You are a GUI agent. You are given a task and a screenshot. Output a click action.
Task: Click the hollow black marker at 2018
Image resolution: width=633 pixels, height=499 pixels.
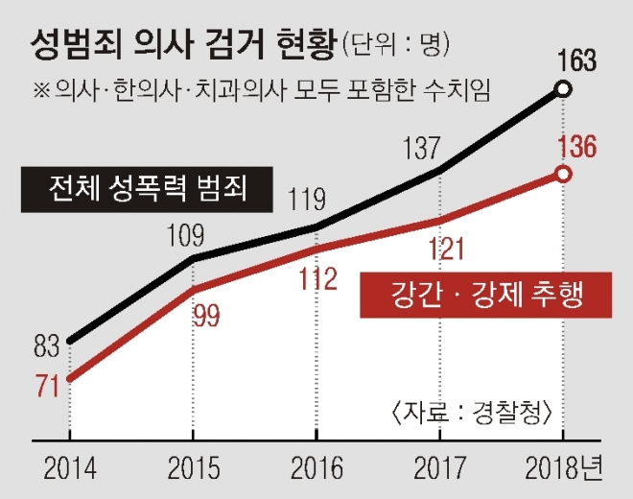pos(564,90)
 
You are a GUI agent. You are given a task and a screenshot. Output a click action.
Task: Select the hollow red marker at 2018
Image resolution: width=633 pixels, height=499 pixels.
pos(564,174)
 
